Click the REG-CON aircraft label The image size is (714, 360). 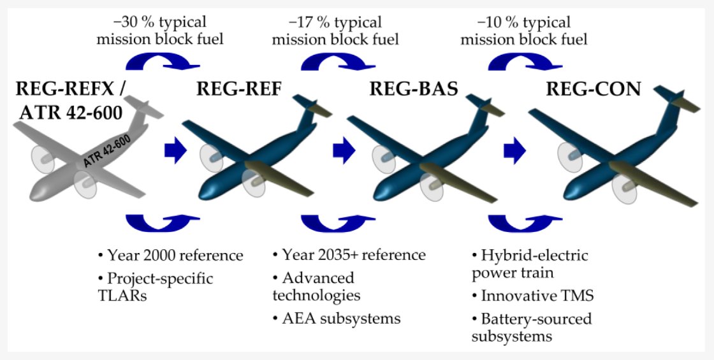594,89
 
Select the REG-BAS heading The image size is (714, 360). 414,89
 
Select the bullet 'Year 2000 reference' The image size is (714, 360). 170,256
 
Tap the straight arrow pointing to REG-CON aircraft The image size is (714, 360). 514,151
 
